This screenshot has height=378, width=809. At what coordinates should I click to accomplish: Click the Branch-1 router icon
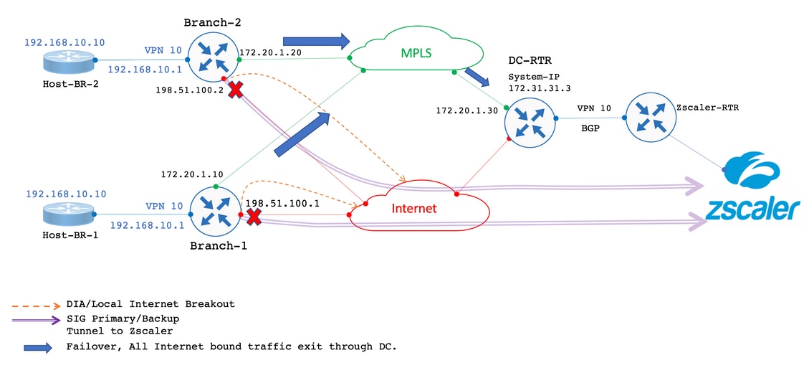point(216,214)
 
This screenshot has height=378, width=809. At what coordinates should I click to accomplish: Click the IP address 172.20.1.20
point(269,52)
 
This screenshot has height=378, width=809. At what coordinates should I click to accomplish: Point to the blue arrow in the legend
point(38,347)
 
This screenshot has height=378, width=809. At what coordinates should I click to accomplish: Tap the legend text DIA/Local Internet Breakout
point(150,304)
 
